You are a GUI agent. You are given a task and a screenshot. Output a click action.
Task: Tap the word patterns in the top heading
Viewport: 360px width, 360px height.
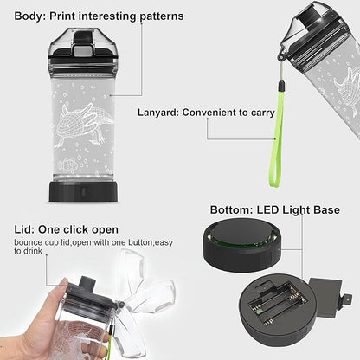[158, 16]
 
